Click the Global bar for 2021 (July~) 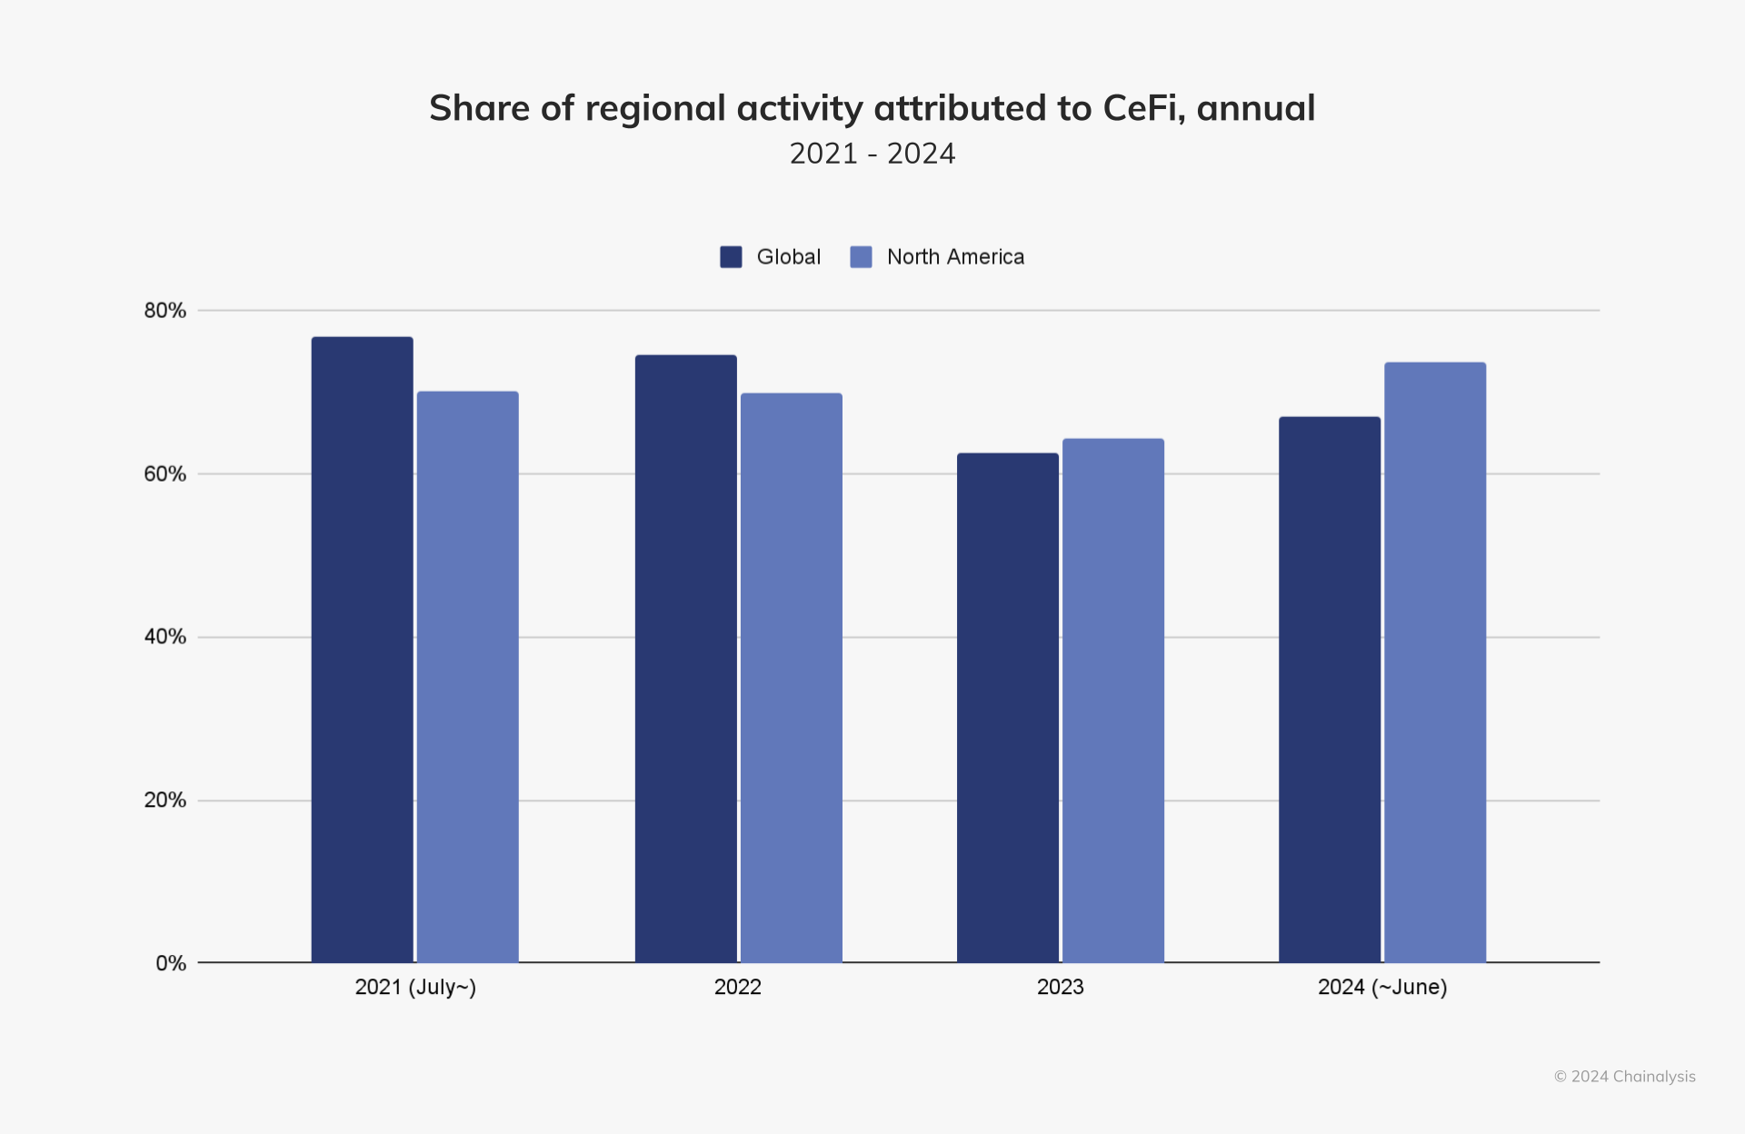click(x=362, y=650)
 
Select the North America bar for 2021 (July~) click(x=467, y=677)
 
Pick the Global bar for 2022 click(x=685, y=659)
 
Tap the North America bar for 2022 click(x=791, y=678)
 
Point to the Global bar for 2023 click(x=1007, y=708)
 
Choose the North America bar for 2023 click(x=1112, y=701)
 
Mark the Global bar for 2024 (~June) click(x=1329, y=690)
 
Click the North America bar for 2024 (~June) click(x=1434, y=662)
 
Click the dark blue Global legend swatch click(x=731, y=257)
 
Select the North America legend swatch click(x=861, y=257)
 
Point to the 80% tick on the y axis click(x=165, y=311)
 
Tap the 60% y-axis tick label click(x=165, y=474)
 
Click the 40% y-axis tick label click(x=165, y=637)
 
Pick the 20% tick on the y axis click(x=165, y=801)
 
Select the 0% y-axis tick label click(x=171, y=963)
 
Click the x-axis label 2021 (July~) click(x=415, y=987)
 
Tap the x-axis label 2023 click(x=1060, y=987)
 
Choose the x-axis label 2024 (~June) click(x=1382, y=987)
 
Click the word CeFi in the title click(x=1142, y=108)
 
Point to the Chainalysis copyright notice click(x=1624, y=1077)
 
